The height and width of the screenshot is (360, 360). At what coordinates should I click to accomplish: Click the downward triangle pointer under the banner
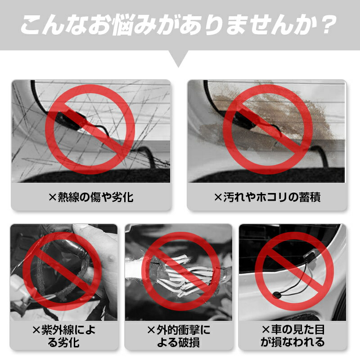179,59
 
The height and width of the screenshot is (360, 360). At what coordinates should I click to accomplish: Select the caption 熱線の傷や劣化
91,197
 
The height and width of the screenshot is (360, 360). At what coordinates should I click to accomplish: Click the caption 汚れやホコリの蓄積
267,197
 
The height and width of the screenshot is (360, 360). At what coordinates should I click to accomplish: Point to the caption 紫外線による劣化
64,336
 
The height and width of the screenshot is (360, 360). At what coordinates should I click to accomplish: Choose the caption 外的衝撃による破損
179,336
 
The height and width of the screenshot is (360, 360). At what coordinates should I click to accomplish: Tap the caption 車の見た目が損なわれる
293,336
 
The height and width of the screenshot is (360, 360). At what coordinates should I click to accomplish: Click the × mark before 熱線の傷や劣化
53,198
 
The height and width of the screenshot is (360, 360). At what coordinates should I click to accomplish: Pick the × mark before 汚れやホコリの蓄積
218,198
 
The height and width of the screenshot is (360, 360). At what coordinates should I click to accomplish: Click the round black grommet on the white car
277,295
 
